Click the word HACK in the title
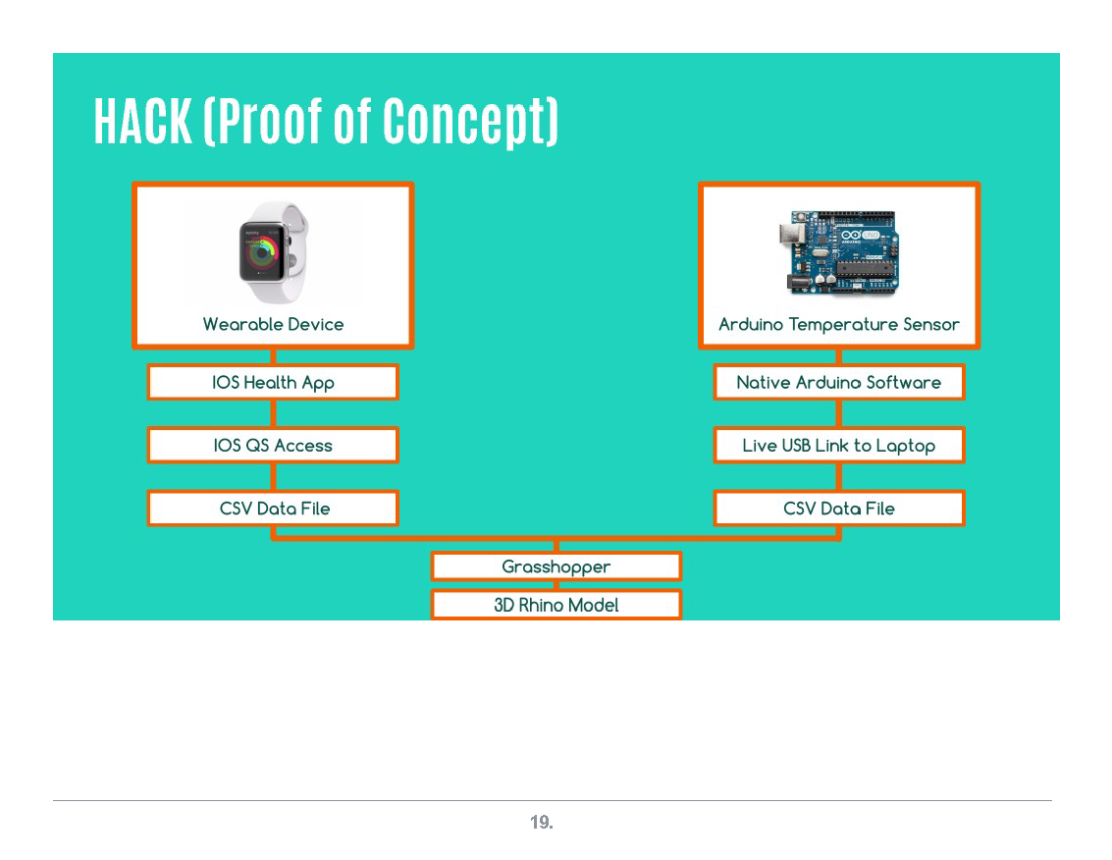[x=142, y=121]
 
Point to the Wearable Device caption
[x=273, y=324]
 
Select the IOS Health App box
[x=273, y=382]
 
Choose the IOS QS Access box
[x=273, y=445]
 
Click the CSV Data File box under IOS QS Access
[x=273, y=509]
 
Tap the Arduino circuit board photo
[x=839, y=252]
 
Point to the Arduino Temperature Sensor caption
[x=839, y=324]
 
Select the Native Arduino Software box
[x=839, y=382]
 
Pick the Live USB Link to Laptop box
[x=839, y=445]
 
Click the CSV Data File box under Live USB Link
[x=839, y=509]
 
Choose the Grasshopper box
[x=556, y=566]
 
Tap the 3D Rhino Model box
[x=556, y=605]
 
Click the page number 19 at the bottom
[x=542, y=823]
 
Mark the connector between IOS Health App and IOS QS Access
[x=273, y=413]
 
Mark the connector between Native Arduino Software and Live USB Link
[x=839, y=413]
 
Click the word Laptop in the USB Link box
[x=905, y=446]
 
